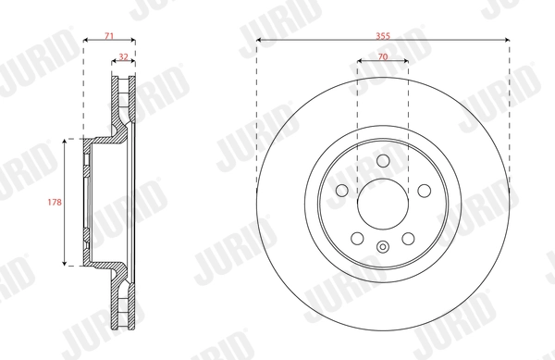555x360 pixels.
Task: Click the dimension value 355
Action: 383,32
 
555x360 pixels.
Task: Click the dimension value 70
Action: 382,57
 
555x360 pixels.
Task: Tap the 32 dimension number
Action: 123,57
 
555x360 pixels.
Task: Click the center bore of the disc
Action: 382,203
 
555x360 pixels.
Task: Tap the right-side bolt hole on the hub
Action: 424,190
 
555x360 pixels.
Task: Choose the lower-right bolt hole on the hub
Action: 408,238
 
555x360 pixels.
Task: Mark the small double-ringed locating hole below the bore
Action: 382,246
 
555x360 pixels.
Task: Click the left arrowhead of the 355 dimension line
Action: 258,39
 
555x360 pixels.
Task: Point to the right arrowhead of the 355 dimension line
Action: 508,39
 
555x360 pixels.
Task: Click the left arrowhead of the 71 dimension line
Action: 86,40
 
